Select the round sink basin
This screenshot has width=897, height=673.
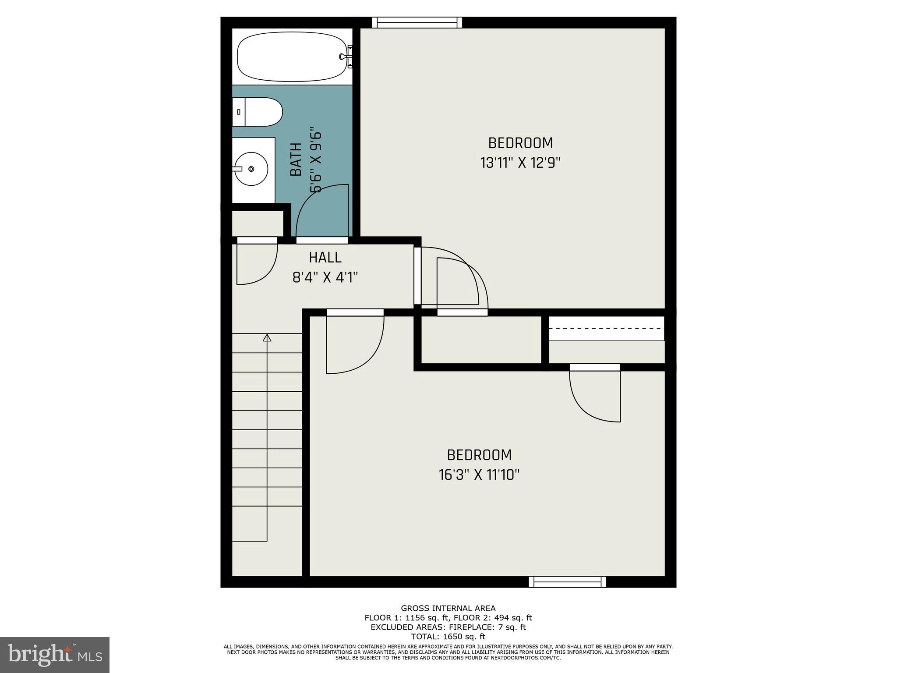click(x=251, y=169)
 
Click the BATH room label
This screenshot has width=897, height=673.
click(x=297, y=160)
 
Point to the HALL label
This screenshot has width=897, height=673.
click(x=325, y=257)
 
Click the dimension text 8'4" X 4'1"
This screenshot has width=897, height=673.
click(x=325, y=277)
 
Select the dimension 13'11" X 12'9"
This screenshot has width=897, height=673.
click(x=520, y=163)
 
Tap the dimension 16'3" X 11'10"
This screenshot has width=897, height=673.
click(x=479, y=475)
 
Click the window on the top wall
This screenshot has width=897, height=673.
click(x=417, y=22)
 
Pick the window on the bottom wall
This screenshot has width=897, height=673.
click(x=567, y=582)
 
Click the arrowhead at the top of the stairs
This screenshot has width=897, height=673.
click(x=267, y=337)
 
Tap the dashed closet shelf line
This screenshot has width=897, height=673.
click(x=607, y=328)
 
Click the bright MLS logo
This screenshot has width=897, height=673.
click(x=55, y=655)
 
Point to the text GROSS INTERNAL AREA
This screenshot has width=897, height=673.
click(x=448, y=608)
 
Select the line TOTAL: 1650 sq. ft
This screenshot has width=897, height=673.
click(x=448, y=637)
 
